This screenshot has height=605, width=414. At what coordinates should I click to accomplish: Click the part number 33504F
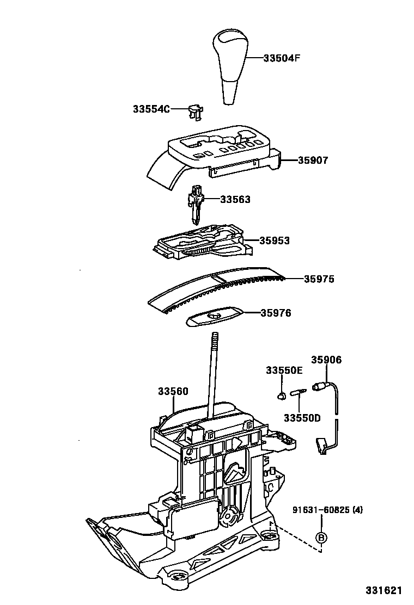click(x=282, y=58)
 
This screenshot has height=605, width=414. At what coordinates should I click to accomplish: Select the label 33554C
click(x=151, y=109)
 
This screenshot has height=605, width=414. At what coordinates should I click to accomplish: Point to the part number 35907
click(x=313, y=160)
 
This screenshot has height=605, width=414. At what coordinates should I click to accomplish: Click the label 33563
click(x=235, y=200)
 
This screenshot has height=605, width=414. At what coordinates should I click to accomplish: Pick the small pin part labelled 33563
click(x=196, y=205)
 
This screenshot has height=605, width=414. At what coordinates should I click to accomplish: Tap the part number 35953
click(x=275, y=240)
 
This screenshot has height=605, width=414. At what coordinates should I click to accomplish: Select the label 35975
click(x=319, y=279)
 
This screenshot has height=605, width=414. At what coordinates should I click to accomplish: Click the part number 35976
click(x=276, y=313)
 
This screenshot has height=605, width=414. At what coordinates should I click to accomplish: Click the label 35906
click(x=326, y=360)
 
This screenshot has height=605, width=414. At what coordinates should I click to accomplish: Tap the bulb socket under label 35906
click(x=318, y=387)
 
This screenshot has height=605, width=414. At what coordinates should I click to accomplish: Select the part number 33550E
click(x=284, y=371)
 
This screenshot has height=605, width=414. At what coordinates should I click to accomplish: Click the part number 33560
click(x=173, y=391)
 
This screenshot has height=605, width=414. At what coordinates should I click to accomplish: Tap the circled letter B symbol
click(x=321, y=537)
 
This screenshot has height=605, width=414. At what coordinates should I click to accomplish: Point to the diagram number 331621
click(x=383, y=590)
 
